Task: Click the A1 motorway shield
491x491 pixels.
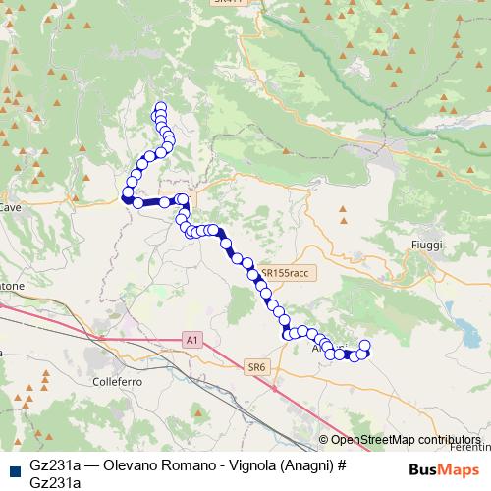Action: [x=192, y=340]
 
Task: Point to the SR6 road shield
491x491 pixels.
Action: [x=256, y=366]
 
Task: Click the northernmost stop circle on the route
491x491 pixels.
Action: [x=161, y=108]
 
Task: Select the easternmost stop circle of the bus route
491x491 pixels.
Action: [x=365, y=345]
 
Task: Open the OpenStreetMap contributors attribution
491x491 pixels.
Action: [x=404, y=439]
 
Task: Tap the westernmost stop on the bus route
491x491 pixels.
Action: [x=127, y=197]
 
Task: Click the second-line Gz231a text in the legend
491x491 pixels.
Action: [x=55, y=482]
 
